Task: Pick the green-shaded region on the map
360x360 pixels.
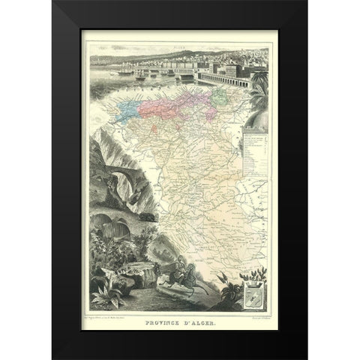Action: click(219, 97)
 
